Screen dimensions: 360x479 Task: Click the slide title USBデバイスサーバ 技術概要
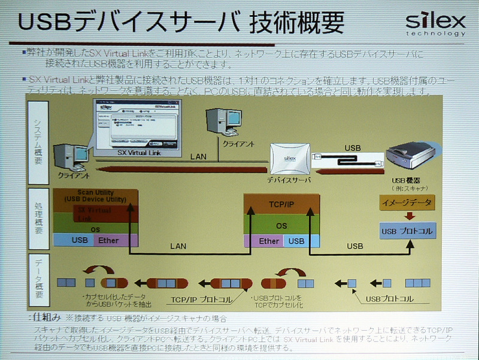(x=180, y=22)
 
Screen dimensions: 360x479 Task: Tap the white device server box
(x=290, y=159)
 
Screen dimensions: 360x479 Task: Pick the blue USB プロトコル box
(x=407, y=230)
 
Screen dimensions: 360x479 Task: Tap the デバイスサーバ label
(x=290, y=179)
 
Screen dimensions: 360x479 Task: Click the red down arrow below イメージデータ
(x=407, y=216)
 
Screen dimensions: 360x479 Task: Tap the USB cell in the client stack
(x=73, y=240)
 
